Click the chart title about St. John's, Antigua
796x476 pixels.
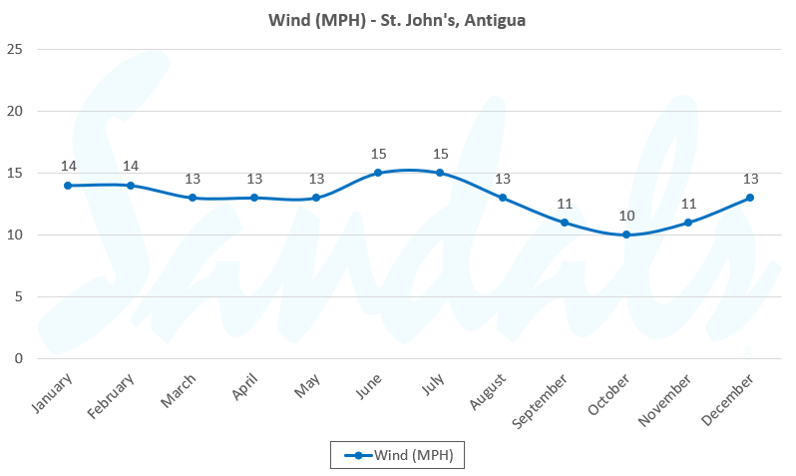[397, 19]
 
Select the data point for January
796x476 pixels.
[68, 186]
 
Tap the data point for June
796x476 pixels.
[378, 173]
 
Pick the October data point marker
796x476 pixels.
[626, 236]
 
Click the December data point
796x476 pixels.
[750, 198]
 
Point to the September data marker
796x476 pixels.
[565, 223]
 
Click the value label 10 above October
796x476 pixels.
[626, 217]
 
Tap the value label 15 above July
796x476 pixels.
[440, 154]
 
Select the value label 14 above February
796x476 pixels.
[130, 167]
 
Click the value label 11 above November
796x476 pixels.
[688, 204]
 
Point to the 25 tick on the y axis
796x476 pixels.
[15, 49]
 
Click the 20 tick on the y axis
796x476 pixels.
[15, 111]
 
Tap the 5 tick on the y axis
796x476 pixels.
[19, 297]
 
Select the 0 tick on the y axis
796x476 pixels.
[19, 359]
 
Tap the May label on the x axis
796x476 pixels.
[307, 387]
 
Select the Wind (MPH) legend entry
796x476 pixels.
[399, 456]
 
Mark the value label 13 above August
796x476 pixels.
[503, 179]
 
